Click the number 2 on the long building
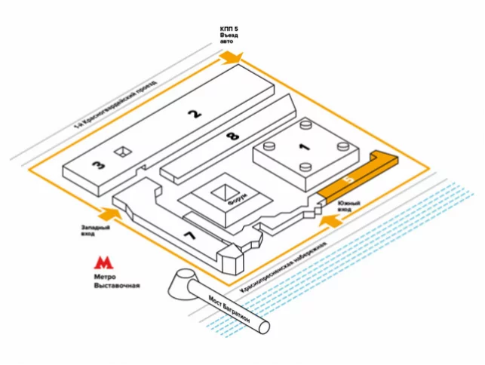click(x=195, y=115)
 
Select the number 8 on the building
click(x=232, y=136)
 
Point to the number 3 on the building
click(x=99, y=166)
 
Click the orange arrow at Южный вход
click(x=330, y=220)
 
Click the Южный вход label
click(x=348, y=207)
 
